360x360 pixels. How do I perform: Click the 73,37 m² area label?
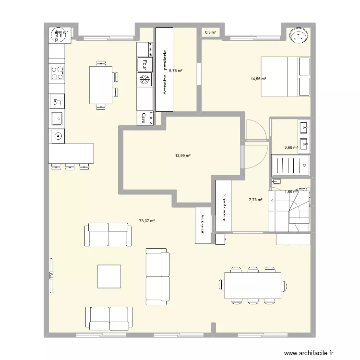[x=146, y=221]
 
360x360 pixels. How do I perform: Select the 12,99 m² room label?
[x=183, y=156]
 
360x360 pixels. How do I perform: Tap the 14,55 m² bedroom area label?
[x=258, y=79]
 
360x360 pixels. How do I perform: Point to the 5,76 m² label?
[x=176, y=71]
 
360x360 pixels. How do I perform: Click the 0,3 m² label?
[x=210, y=32]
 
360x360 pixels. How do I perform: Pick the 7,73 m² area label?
[x=255, y=200]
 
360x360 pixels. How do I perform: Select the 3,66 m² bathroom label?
[x=291, y=148]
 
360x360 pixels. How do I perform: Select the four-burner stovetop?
[x=57, y=72]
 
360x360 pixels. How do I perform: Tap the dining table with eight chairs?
[x=253, y=286]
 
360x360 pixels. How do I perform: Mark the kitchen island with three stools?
[x=71, y=154]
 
